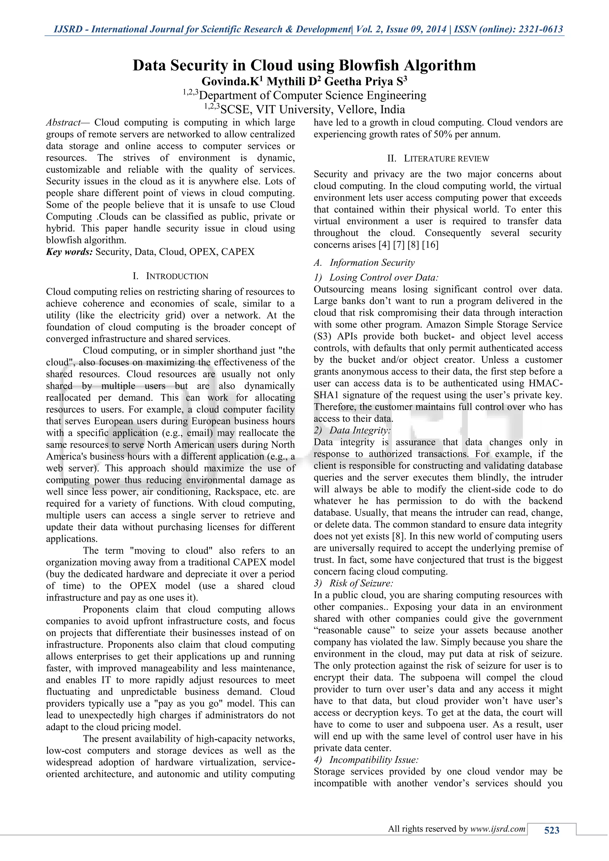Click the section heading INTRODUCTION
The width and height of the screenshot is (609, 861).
[x=177, y=276]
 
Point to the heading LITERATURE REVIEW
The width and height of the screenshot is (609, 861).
[x=446, y=159]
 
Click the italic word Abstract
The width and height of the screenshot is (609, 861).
[x=63, y=122]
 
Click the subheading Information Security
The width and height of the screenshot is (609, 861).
[x=372, y=263]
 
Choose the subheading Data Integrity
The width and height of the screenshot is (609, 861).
[x=360, y=430]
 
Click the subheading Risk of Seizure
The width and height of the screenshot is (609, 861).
[x=361, y=583]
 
